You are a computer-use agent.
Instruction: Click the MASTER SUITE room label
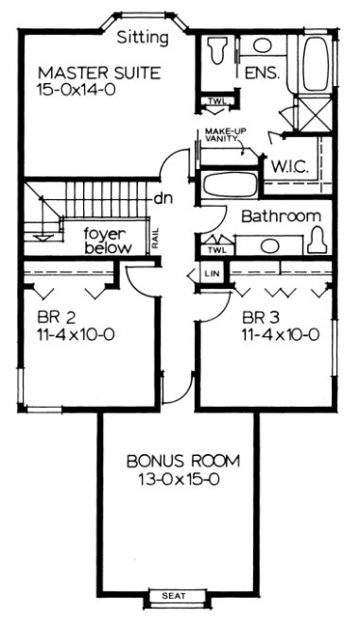(x=99, y=72)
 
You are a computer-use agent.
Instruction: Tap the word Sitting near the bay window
(x=144, y=38)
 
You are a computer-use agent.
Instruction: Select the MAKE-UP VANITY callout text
(x=220, y=138)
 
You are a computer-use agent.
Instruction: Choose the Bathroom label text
(x=282, y=216)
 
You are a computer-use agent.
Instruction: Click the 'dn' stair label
(x=162, y=199)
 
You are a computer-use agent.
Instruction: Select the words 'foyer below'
(x=105, y=240)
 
